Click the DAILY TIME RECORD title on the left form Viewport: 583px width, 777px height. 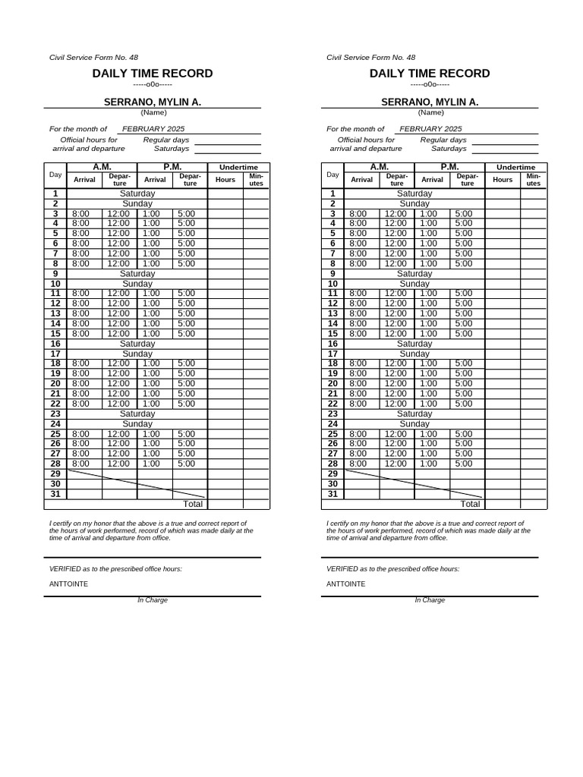pos(153,74)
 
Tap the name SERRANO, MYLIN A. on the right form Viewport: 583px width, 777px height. pos(430,102)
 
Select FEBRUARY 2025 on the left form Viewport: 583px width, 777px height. pos(153,129)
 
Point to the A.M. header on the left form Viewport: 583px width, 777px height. pos(102,167)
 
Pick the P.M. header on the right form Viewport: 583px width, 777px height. pos(449,167)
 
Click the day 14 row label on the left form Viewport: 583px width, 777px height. pos(55,323)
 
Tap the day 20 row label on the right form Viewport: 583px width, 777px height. pos(332,383)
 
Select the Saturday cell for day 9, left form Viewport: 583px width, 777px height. pos(137,273)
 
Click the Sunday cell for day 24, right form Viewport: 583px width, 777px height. pos(414,423)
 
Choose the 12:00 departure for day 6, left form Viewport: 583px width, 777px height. pos(118,244)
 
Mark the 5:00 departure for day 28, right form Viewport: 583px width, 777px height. pos(463,464)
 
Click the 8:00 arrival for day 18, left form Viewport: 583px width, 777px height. pos(80,363)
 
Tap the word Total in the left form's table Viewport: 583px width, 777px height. pos(193,504)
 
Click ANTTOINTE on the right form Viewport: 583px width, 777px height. pos(345,584)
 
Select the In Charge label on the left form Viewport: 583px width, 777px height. pos(153,600)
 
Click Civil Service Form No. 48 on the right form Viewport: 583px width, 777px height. pos(370,58)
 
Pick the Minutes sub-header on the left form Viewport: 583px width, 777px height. pos(256,180)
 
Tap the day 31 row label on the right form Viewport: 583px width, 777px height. pos(332,494)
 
